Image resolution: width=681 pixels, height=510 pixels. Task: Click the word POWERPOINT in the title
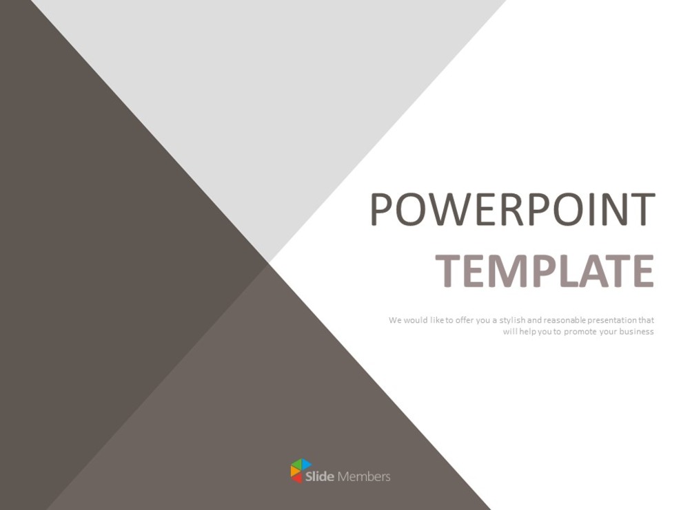(x=512, y=209)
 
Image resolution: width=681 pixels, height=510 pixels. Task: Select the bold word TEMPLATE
(x=544, y=270)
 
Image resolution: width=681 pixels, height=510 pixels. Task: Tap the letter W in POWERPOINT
(x=451, y=209)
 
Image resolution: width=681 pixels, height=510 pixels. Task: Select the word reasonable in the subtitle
(x=564, y=320)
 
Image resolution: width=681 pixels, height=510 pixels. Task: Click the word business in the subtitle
(x=637, y=332)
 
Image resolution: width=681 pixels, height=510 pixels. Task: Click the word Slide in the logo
(x=320, y=476)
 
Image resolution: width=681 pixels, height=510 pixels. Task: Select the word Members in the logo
(x=363, y=476)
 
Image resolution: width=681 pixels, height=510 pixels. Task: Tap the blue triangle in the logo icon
(x=306, y=465)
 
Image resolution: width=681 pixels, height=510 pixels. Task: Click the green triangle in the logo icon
(x=296, y=463)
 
